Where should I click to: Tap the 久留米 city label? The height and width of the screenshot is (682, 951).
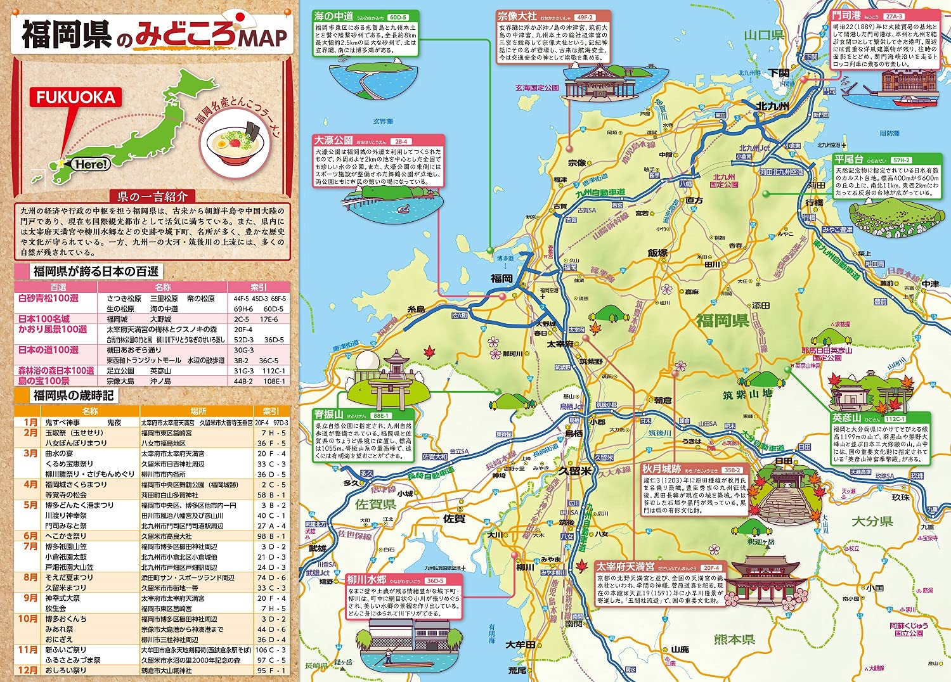pos(574,471)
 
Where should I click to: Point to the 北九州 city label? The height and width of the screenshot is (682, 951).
pos(772,106)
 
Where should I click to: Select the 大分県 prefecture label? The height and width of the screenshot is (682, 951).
pos(872,521)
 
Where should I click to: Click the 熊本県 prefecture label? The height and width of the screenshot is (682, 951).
pos(734,639)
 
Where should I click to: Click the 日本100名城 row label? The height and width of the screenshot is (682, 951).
pos(44,319)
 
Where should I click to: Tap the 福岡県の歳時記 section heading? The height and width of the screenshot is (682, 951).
pos(73,396)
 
